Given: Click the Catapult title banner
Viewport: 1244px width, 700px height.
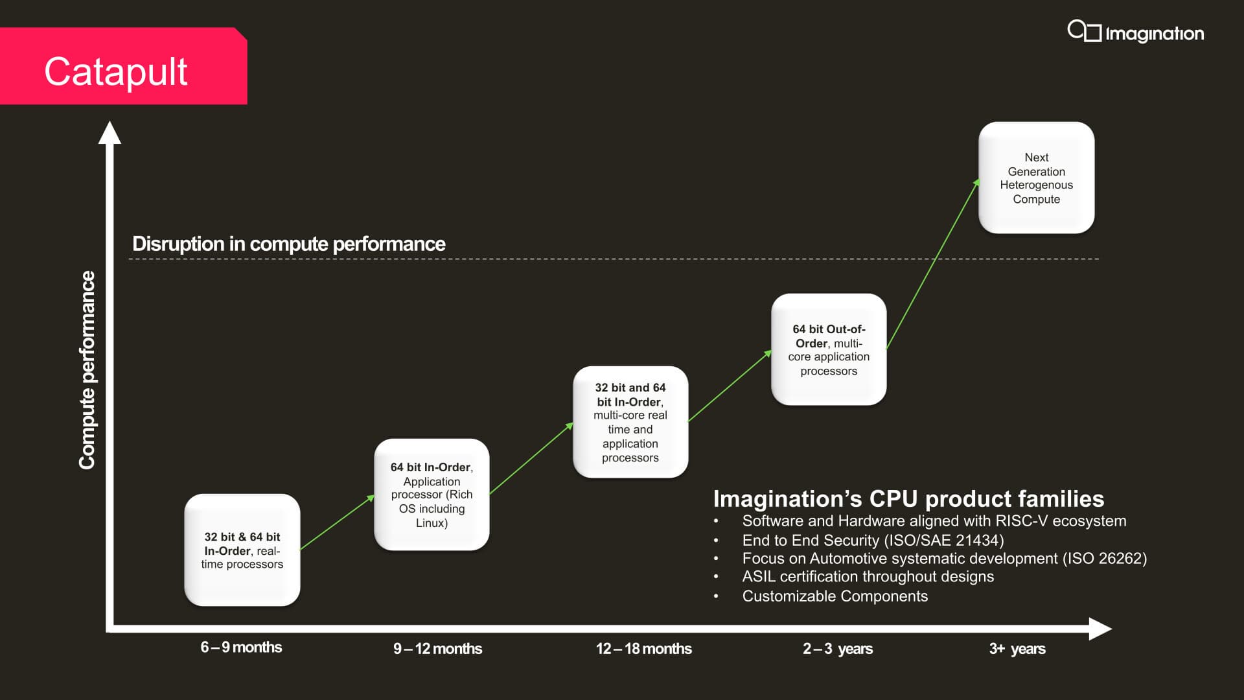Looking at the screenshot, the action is tap(123, 66).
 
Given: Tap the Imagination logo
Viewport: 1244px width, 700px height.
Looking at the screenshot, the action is tap(1136, 32).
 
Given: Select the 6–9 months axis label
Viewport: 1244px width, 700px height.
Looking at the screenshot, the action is tap(241, 647).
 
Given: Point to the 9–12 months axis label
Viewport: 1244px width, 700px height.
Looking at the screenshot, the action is tap(438, 648).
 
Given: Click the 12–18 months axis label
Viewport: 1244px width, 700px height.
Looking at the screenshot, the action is tap(644, 648).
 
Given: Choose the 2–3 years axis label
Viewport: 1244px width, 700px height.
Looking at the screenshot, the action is tap(838, 649).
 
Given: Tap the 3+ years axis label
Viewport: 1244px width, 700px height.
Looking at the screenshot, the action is tap(1017, 649).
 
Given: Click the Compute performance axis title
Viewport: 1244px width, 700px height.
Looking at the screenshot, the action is tap(87, 370).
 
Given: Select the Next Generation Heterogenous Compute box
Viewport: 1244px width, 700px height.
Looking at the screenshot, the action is tap(1037, 178).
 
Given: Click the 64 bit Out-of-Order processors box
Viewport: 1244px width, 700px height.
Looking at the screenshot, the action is tap(829, 349).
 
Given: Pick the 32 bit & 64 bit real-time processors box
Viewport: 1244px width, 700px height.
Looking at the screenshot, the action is tap(242, 550).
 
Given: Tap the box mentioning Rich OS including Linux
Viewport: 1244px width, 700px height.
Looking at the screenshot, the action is tap(432, 495).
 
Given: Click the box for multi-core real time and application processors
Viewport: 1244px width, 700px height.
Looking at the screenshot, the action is tap(630, 422).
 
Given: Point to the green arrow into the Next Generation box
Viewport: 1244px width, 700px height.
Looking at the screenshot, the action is tap(933, 263).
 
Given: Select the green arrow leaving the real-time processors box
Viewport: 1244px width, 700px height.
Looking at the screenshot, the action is tap(338, 522).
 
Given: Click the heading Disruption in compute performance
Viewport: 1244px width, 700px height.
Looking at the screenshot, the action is tap(289, 244).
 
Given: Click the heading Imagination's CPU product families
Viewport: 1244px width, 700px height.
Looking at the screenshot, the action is tap(908, 498).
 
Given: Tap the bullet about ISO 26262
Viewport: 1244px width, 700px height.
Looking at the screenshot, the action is tap(945, 559).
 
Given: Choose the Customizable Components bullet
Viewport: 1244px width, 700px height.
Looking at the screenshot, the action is tap(835, 596).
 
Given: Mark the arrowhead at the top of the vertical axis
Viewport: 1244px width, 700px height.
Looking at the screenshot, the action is tap(109, 122).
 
